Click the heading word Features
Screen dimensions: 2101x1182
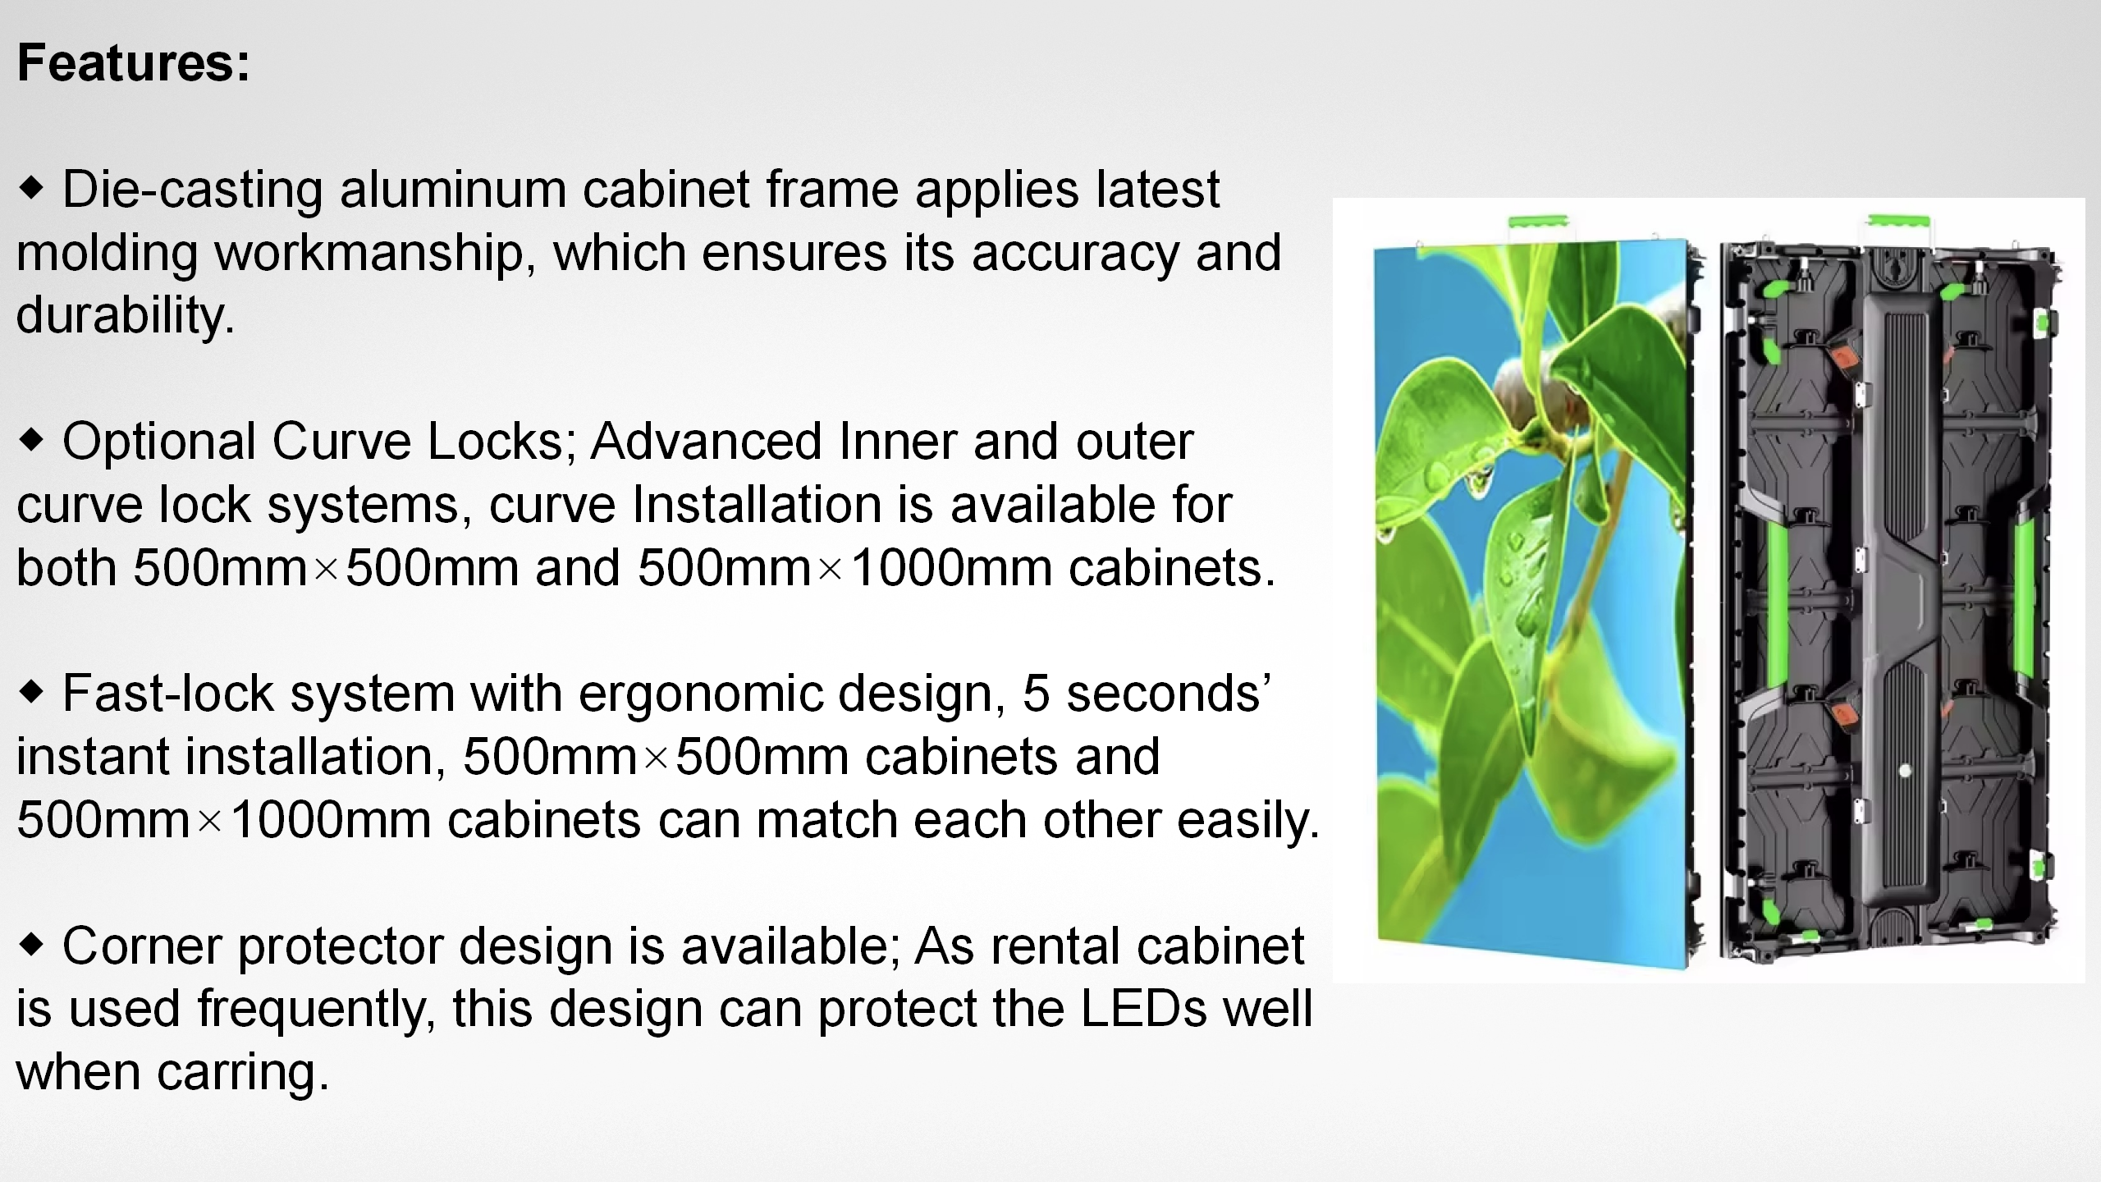coord(133,63)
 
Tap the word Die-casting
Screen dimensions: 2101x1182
coord(192,190)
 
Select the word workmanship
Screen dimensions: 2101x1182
coord(368,253)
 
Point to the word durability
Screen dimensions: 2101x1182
coord(125,316)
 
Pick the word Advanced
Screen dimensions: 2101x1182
coord(706,442)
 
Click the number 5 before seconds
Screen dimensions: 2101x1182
coord(1036,694)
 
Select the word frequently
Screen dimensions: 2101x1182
coord(316,1010)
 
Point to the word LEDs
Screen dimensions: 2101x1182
coord(1143,1009)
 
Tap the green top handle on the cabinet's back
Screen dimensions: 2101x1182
coord(1898,222)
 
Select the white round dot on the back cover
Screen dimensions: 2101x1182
coord(1905,771)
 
